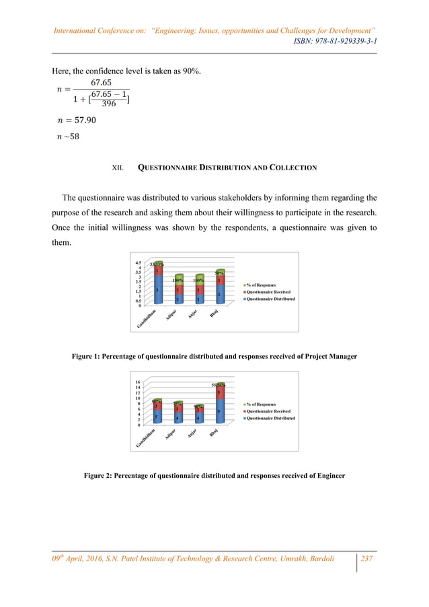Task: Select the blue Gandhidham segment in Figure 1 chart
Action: pos(157,290)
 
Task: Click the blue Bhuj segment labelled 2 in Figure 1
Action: pos(219,295)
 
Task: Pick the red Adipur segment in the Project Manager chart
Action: pos(178,289)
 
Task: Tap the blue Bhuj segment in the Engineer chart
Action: pos(219,411)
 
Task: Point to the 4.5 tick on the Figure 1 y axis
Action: pos(138,262)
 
